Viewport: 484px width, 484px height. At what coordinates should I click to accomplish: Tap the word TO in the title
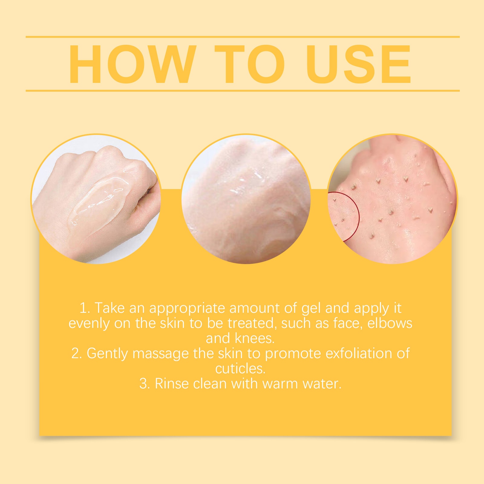pos(250,64)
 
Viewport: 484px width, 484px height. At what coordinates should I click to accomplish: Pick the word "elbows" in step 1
pos(390,323)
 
